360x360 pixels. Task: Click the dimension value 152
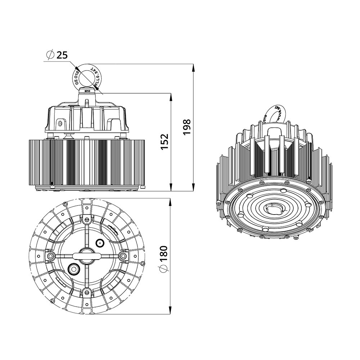[164, 142]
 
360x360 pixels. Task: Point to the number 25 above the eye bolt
[62, 55]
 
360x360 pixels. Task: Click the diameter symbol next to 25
[50, 55]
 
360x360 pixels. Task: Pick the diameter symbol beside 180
[163, 269]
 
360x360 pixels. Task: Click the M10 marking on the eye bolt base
[86, 91]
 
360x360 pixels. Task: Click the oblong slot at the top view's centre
[86, 255]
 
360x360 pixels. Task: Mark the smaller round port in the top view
[99, 243]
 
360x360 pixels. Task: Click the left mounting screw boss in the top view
[50, 255]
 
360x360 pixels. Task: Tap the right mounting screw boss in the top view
[123, 255]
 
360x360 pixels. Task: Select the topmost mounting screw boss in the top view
[86, 219]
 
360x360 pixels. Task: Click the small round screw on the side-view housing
[60, 123]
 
